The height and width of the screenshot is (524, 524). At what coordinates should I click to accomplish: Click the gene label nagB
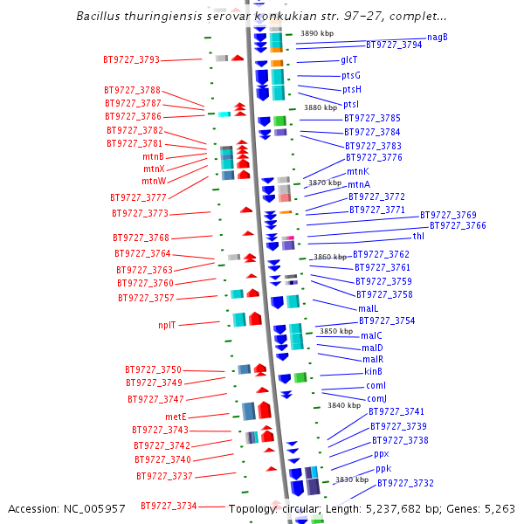pos(438,37)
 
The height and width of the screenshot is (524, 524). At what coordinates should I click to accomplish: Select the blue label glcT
pos(348,59)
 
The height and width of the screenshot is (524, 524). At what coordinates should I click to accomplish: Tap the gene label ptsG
pos(351,75)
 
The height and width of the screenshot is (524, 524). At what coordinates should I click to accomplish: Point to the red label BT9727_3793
pos(131,59)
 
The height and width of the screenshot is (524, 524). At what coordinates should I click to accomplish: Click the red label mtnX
pos(154,169)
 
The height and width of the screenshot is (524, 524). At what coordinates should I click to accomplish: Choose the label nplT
pos(167,325)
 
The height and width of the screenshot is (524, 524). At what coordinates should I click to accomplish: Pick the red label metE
pos(176,417)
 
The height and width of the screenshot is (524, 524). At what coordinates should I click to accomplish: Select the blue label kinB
pos(373,371)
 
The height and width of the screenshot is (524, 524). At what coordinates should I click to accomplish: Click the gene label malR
pos(373,359)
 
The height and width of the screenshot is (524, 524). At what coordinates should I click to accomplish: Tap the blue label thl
pos(418,237)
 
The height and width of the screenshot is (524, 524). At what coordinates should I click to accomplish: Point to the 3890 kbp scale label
pos(317,33)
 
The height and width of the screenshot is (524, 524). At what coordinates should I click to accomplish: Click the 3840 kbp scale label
pos(344,405)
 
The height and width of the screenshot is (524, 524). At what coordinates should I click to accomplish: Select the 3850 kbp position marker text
pos(336,331)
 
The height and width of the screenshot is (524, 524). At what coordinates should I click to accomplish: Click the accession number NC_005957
pos(94,508)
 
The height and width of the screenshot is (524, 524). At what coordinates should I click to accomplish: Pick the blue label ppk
pos(383,469)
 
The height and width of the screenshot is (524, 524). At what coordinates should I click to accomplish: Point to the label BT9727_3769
pos(448,215)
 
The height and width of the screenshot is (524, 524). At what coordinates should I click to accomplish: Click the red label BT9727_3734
pos(169,506)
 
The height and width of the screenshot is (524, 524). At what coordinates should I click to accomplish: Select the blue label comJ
pos(376,398)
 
